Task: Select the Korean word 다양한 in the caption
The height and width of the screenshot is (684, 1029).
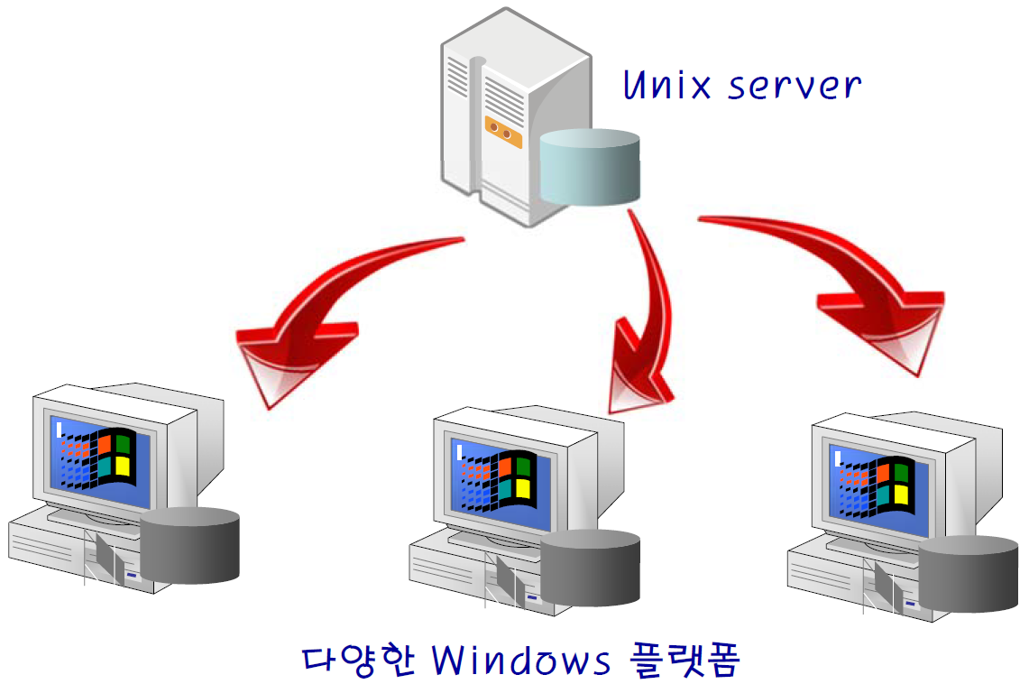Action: pos(358,661)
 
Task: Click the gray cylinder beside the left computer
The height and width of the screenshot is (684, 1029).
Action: pos(190,545)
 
